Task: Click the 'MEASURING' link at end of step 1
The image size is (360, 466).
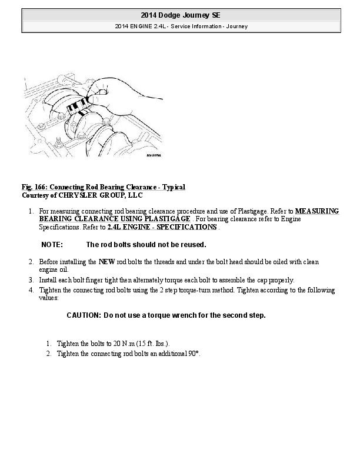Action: (x=316, y=210)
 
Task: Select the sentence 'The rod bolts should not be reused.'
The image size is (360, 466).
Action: (x=146, y=244)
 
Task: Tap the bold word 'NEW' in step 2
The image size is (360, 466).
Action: (x=106, y=261)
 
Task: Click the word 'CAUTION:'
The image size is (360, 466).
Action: (x=84, y=315)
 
